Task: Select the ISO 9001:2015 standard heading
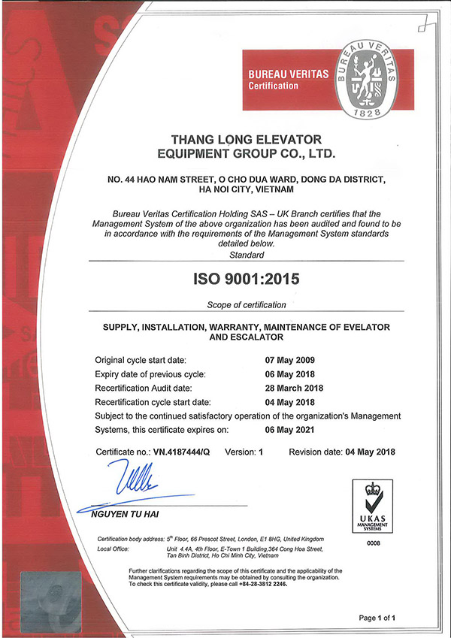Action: (x=247, y=279)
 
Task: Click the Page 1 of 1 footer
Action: (x=381, y=618)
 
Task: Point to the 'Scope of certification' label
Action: (x=247, y=304)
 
